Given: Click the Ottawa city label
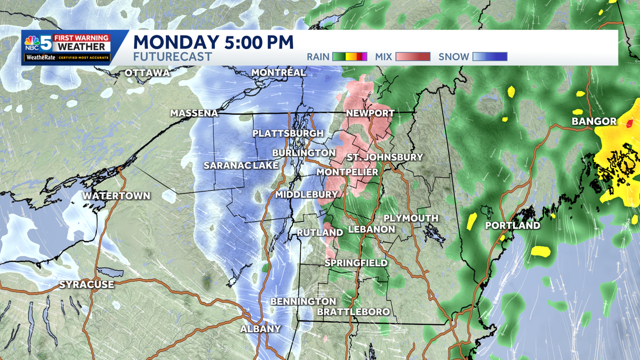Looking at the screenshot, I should point(147,73).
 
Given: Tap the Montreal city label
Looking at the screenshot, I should point(278,73).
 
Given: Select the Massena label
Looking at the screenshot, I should point(194,114).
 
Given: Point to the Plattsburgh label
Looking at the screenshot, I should point(288,133).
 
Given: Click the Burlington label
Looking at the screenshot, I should point(303,153).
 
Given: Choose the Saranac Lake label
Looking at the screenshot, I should point(241,166).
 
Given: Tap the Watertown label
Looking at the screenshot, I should point(116,196).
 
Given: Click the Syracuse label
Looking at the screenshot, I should point(86,285).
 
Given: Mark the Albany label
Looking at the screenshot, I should point(260,329).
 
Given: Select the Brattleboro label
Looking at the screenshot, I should point(353,311).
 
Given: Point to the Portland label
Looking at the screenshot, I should point(513,226).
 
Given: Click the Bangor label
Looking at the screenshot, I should point(594,122).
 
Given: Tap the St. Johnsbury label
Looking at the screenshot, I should point(385,157).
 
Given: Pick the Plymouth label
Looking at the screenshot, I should point(411,219).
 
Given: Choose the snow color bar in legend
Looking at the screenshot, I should point(490,57).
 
